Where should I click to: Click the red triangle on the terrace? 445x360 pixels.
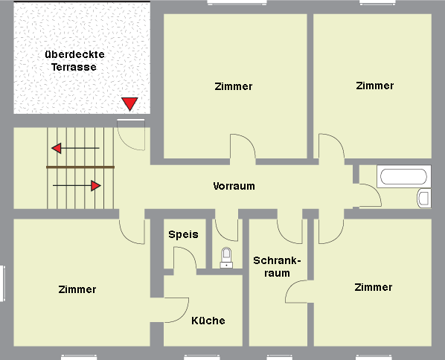pyautogui.click(x=129, y=103)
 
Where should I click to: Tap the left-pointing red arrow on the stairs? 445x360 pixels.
pyautogui.click(x=75, y=148)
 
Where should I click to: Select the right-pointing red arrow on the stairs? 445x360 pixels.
pyautogui.click(x=77, y=186)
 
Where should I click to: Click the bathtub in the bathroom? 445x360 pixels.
pyautogui.click(x=403, y=176)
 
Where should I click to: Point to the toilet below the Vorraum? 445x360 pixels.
pyautogui.click(x=226, y=257)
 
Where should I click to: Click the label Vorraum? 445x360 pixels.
pyautogui.click(x=234, y=186)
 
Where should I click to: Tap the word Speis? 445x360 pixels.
pyautogui.click(x=183, y=234)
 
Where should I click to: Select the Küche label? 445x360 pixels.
pyautogui.click(x=208, y=321)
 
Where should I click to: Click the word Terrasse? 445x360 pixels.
pyautogui.click(x=74, y=67)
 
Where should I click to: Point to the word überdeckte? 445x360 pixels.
pyautogui.click(x=74, y=54)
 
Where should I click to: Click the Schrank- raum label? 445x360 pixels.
pyautogui.click(x=277, y=267)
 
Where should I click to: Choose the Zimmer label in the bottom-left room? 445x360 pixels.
pyautogui.click(x=77, y=289)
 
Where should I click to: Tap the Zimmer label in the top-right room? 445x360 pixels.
pyautogui.click(x=374, y=86)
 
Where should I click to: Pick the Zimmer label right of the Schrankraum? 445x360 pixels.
pyautogui.click(x=374, y=287)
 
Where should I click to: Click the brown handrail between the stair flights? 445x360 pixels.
pyautogui.click(x=80, y=167)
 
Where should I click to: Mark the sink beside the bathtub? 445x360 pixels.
pyautogui.click(x=424, y=198)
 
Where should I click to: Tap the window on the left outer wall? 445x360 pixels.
pyautogui.click(x=2, y=283)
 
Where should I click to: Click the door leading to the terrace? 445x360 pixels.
pyautogui.click(x=131, y=134)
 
